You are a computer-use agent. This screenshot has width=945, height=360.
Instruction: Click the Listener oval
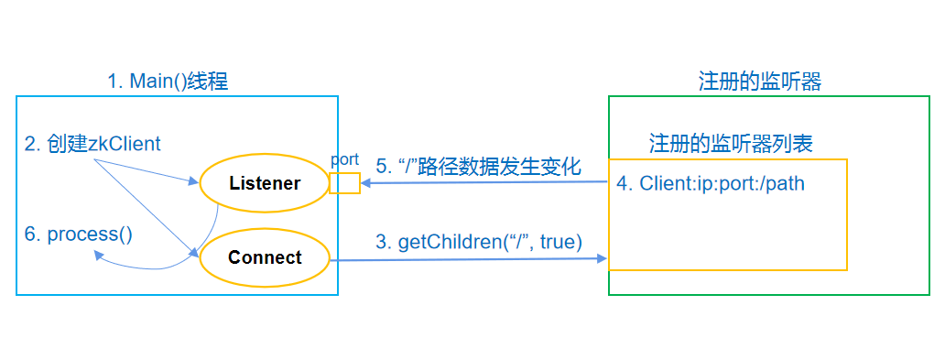(265, 183)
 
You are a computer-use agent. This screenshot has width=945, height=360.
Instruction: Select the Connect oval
(265, 257)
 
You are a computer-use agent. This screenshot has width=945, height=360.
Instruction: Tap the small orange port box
(344, 182)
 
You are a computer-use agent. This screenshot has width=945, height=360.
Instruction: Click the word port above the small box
(344, 159)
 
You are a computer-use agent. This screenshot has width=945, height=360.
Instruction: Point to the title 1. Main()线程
(168, 82)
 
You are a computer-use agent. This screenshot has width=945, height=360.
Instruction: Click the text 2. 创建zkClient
(92, 143)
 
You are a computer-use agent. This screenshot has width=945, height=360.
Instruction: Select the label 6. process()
(78, 234)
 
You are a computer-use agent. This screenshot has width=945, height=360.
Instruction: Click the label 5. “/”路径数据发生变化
(479, 166)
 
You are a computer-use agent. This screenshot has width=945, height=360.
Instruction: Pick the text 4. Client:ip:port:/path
(710, 183)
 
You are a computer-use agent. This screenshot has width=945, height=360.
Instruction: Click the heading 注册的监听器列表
(731, 144)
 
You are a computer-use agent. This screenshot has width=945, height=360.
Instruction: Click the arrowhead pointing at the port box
(366, 183)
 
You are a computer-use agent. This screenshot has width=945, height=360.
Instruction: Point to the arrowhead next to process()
(96, 256)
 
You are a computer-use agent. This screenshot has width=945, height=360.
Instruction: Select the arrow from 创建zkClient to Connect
(147, 207)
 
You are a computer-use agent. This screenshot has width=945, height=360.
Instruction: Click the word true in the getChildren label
(562, 242)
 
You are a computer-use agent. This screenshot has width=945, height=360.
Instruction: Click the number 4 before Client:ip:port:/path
(622, 183)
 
